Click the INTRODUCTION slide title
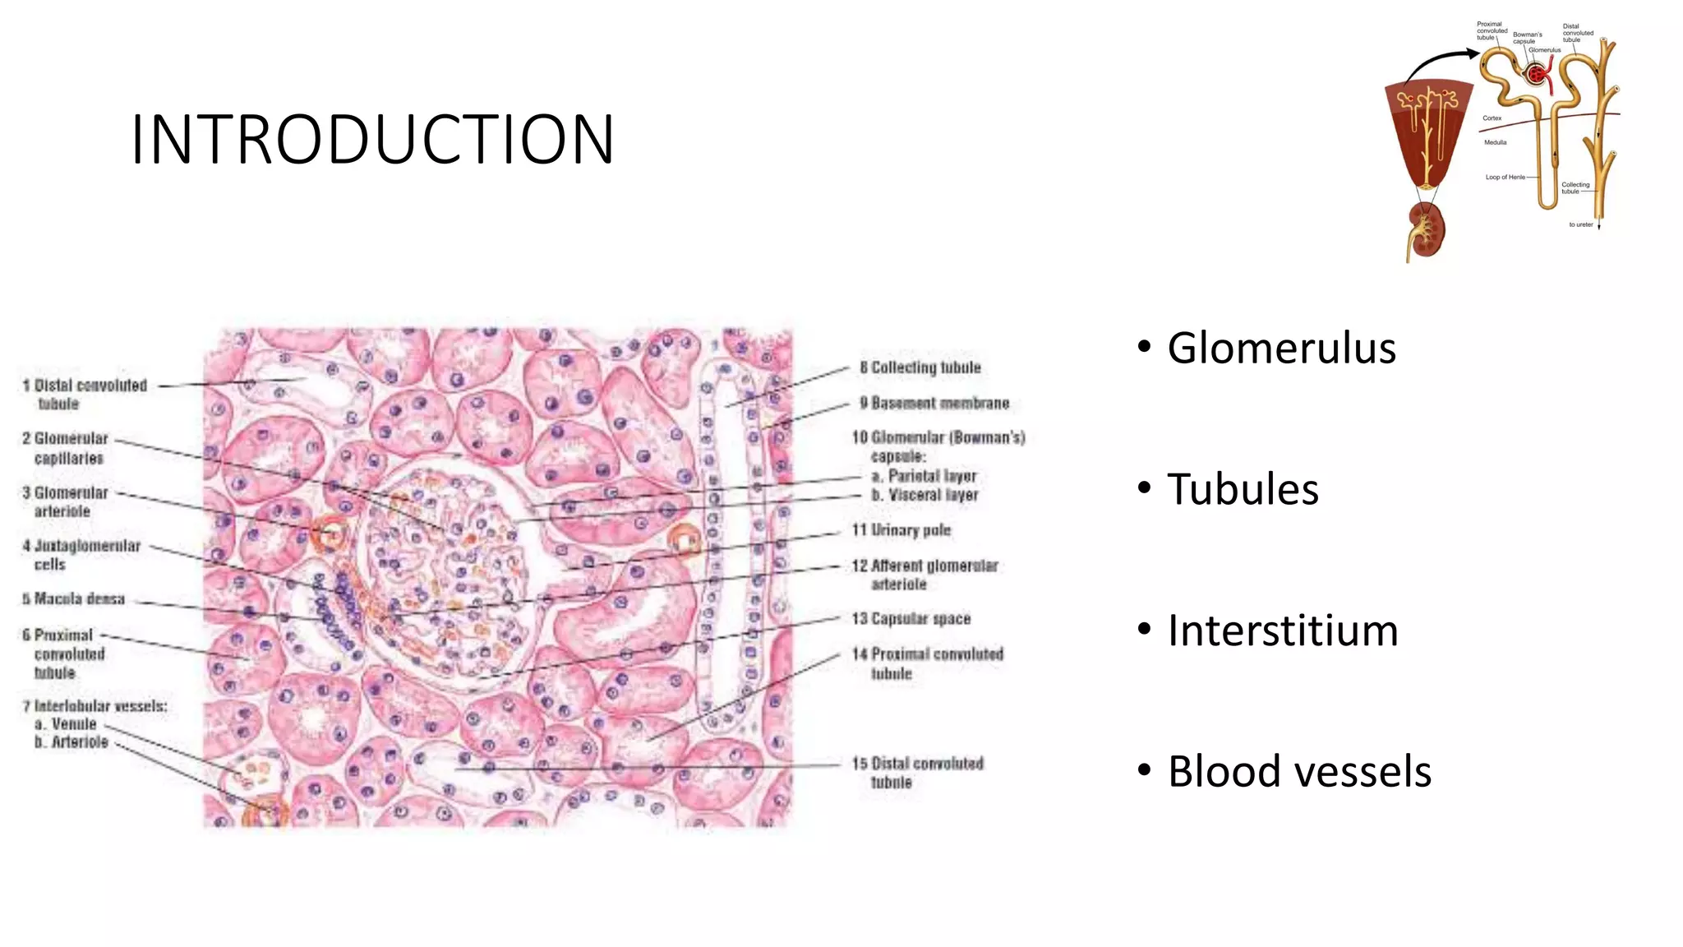[372, 140]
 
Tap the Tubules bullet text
[1243, 490]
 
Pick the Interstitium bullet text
[1282, 631]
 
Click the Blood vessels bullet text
[1298, 773]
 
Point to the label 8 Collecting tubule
[920, 367]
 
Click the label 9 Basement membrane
[934, 404]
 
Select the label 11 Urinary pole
[901, 530]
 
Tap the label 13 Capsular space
[911, 619]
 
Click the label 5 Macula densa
[74, 599]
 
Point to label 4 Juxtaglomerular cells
[81, 555]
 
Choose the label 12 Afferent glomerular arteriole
[924, 575]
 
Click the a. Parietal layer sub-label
[924, 476]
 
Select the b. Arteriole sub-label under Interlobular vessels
[71, 742]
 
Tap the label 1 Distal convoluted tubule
[85, 395]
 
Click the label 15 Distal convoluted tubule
[918, 773]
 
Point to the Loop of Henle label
[1505, 177]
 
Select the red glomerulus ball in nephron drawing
[1534, 74]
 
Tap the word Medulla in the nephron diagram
[1495, 142]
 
